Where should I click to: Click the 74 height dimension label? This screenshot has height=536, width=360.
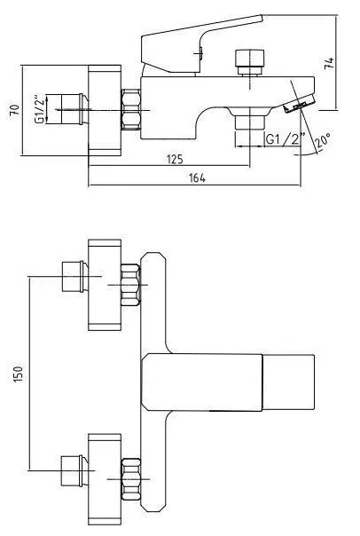(329, 63)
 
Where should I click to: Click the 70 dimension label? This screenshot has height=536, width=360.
(15, 110)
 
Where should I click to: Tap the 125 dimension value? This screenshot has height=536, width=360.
(176, 160)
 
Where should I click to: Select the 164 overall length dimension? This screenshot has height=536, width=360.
(198, 178)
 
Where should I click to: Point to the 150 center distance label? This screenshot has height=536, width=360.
(18, 374)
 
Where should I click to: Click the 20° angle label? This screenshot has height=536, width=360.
(323, 140)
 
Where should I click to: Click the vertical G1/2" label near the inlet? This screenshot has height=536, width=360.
(40, 110)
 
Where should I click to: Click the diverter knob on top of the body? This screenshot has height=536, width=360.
(250, 62)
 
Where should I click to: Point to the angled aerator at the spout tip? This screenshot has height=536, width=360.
(299, 104)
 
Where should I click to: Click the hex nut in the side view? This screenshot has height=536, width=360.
(131, 109)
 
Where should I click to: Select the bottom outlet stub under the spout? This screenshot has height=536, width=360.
(250, 122)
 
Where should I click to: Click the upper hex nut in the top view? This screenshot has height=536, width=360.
(131, 285)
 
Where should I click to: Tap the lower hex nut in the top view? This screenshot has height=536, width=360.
(131, 479)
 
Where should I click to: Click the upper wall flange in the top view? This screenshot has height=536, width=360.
(105, 285)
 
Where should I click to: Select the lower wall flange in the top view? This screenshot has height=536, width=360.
(105, 479)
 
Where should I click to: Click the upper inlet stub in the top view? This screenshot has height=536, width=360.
(74, 277)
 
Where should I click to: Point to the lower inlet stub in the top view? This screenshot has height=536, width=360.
(74, 470)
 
